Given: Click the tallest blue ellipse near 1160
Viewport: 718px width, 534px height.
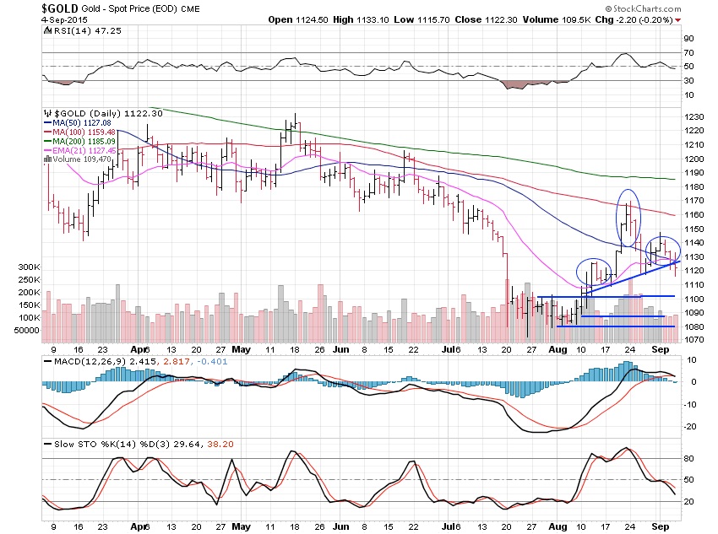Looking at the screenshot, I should (629, 218).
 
